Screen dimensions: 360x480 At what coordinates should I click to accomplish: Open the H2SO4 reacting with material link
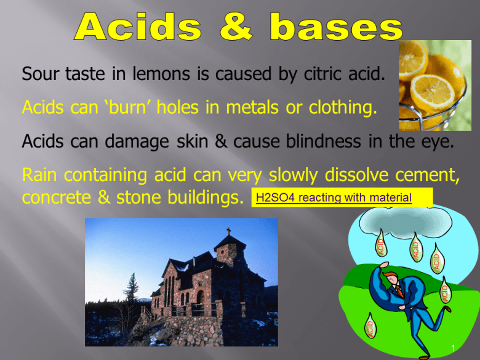tap(334, 198)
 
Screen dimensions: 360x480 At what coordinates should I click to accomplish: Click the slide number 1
tap(452, 350)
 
